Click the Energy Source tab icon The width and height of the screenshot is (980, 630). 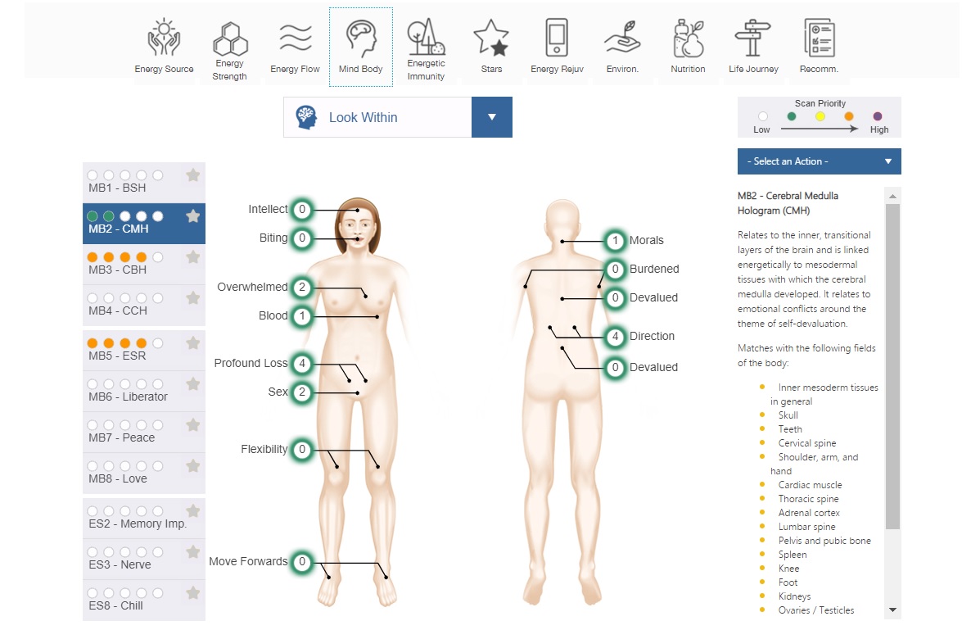163,39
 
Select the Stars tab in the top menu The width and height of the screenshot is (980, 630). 491,39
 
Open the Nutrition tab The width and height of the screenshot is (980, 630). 688,39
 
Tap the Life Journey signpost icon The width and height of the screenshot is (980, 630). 753,39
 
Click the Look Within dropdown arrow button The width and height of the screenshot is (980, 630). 492,117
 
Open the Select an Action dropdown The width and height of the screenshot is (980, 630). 819,161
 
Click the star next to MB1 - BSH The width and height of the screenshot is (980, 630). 193,174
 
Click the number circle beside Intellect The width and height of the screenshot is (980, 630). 302,210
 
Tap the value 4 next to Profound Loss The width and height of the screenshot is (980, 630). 302,363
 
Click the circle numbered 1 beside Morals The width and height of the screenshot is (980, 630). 616,241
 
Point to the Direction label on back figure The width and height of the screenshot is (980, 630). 652,336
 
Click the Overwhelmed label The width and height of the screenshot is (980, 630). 252,287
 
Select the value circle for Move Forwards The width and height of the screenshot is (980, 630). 302,562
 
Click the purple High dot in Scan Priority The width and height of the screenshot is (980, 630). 878,117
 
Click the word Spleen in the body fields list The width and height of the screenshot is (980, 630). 793,555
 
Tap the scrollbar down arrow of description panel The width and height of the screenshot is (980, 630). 892,610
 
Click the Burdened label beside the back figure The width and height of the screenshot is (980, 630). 654,269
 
